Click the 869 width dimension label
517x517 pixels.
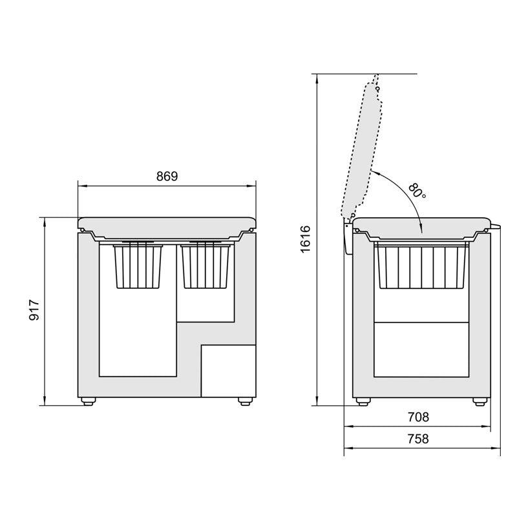(x=167, y=176)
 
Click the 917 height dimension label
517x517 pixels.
(x=36, y=311)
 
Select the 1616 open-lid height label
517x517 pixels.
(x=306, y=239)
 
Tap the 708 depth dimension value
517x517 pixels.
(x=419, y=417)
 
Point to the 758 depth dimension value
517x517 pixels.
(x=419, y=439)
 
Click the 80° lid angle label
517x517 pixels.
(x=417, y=191)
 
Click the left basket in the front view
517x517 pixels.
(x=138, y=265)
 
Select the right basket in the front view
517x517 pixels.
(x=207, y=265)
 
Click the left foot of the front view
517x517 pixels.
(x=87, y=401)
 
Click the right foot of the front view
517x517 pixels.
(x=244, y=401)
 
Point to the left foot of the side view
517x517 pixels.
(x=364, y=401)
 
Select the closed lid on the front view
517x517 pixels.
(x=167, y=224)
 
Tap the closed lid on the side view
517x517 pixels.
(x=421, y=224)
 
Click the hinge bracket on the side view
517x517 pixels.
(x=347, y=238)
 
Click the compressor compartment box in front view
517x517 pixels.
(x=228, y=371)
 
